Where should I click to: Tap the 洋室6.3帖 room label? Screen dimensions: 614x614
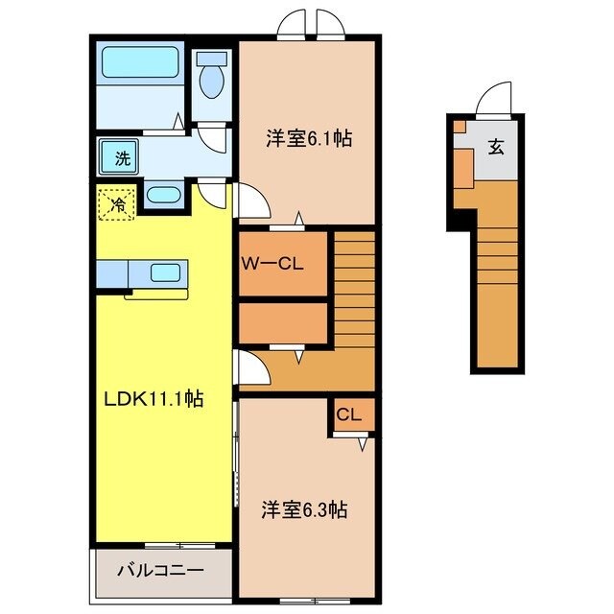[x=303, y=510]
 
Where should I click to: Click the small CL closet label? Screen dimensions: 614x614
[x=348, y=415]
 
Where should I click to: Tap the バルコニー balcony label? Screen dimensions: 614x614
[x=160, y=571]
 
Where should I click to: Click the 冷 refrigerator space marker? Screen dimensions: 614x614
[x=117, y=203]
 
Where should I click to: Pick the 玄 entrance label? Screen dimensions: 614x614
[x=495, y=147]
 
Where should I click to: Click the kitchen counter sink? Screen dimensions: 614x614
[x=166, y=272]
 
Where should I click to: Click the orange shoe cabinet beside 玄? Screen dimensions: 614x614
[x=462, y=165]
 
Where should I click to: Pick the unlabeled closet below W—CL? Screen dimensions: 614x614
[x=283, y=323]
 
